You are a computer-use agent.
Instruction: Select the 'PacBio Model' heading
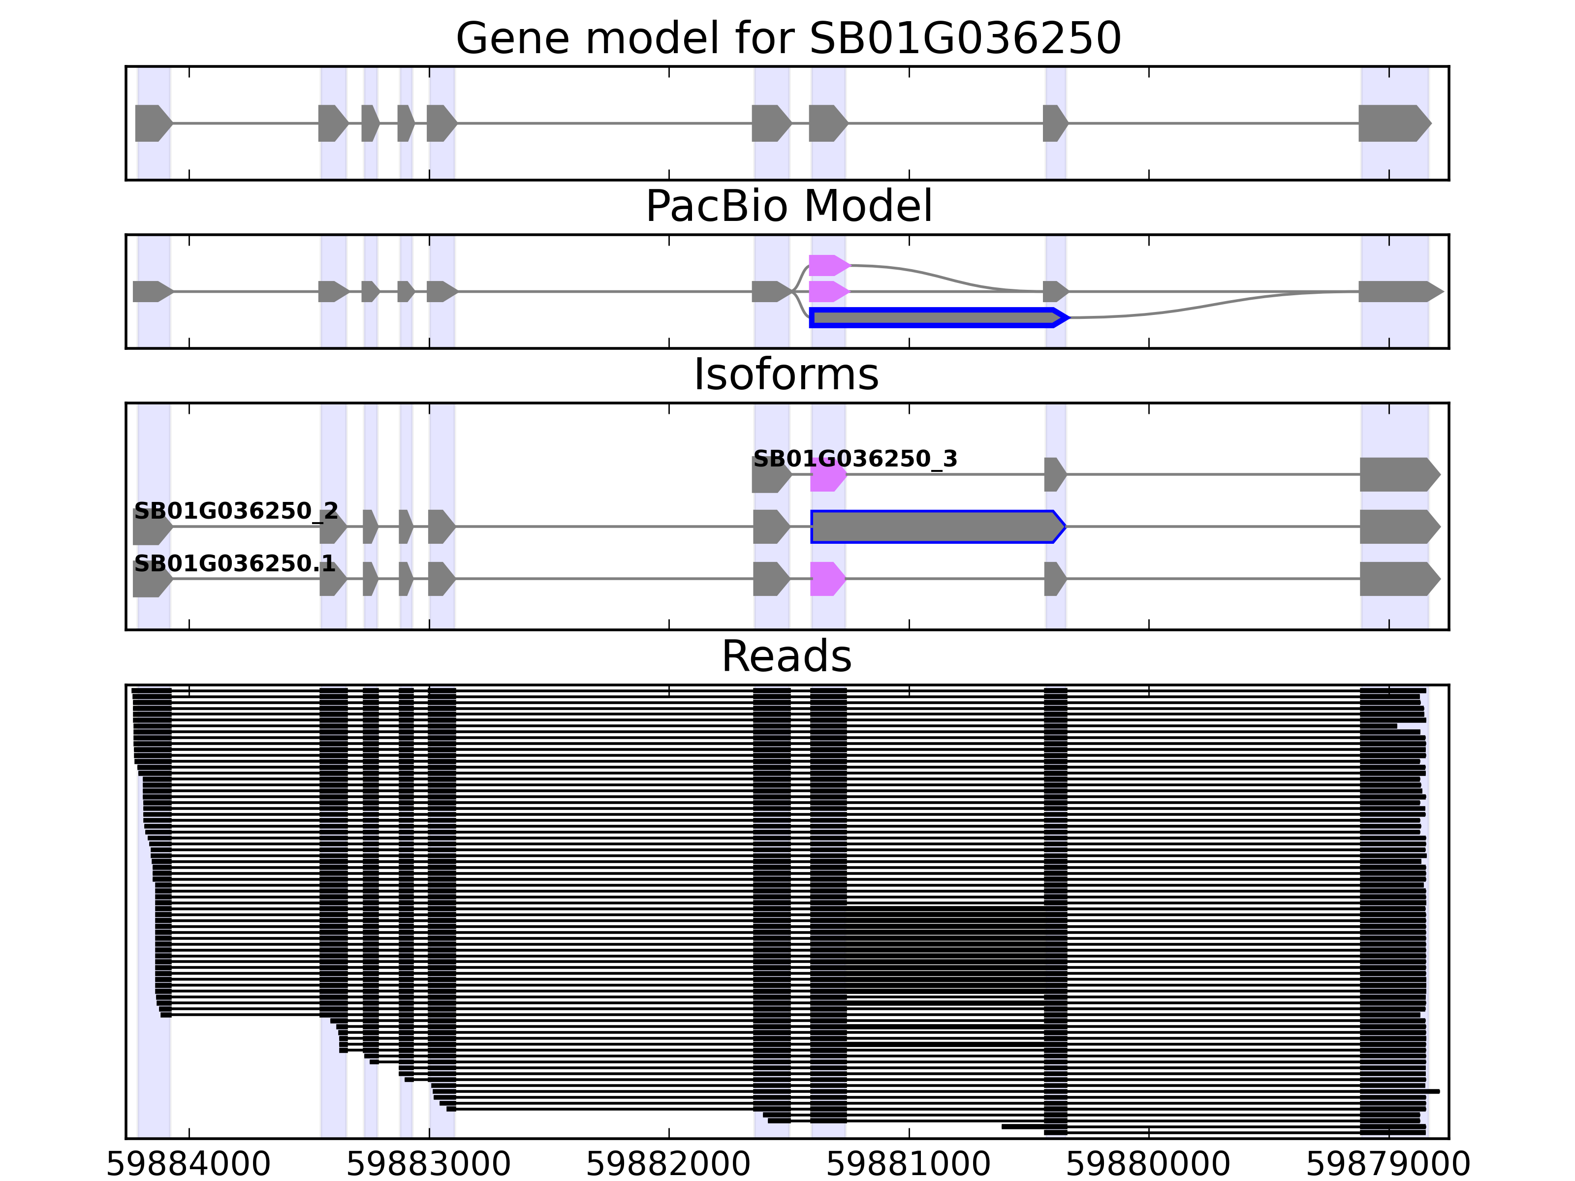(x=788, y=207)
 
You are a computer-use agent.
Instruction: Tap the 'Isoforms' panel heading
(x=786, y=374)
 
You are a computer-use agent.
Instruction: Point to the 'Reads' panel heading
(x=786, y=656)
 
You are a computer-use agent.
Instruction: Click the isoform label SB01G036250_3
(x=855, y=459)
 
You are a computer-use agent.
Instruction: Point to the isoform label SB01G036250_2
(x=236, y=511)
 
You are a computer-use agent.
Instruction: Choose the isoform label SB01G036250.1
(x=234, y=564)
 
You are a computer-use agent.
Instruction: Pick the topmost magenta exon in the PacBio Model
(x=828, y=266)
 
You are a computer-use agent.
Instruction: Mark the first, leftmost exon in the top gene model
(x=153, y=123)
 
